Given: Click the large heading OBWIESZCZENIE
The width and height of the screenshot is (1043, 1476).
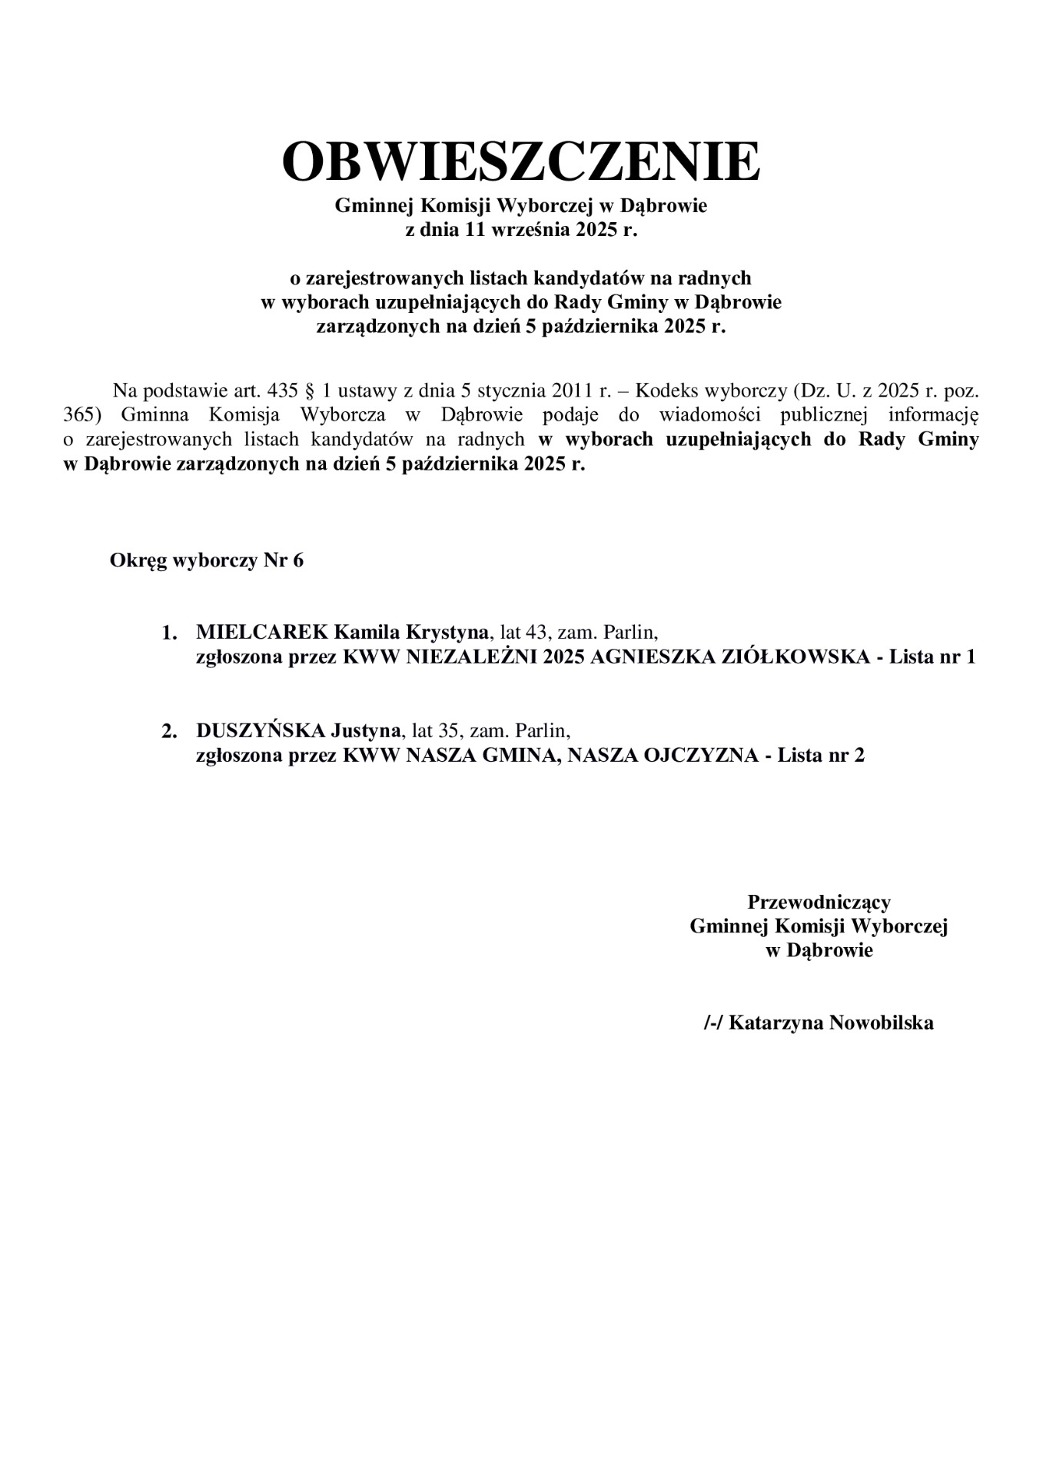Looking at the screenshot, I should tap(521, 161).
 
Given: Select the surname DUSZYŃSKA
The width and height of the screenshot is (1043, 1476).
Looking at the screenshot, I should tap(261, 730).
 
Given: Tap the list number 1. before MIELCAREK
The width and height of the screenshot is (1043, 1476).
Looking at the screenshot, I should tap(170, 633).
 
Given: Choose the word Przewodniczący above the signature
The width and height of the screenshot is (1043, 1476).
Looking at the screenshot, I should tap(819, 901).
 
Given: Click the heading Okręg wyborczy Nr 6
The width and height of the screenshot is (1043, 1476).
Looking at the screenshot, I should tap(207, 560).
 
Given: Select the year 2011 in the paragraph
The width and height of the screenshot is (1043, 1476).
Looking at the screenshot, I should tap(571, 391).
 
